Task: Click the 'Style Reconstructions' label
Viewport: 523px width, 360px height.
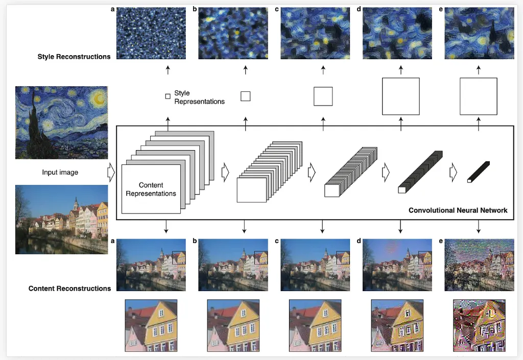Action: pyautogui.click(x=74, y=57)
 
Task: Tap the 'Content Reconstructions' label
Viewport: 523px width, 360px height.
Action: pyautogui.click(x=69, y=289)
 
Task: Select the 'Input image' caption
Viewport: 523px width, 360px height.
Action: pyautogui.click(x=60, y=173)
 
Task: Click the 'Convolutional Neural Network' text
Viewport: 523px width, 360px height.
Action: pyautogui.click(x=458, y=210)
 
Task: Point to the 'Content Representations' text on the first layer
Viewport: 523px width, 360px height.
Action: pyautogui.click(x=151, y=189)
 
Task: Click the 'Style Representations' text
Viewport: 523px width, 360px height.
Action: pyautogui.click(x=199, y=97)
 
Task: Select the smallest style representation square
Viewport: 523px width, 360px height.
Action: pyautogui.click(x=168, y=96)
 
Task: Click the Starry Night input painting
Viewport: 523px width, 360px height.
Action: pyautogui.click(x=61, y=123)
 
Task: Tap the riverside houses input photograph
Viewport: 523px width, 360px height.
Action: pyautogui.click(x=61, y=219)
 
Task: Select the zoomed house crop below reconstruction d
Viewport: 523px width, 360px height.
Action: pyautogui.click(x=397, y=325)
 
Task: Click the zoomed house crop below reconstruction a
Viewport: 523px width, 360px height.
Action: pyautogui.click(x=151, y=325)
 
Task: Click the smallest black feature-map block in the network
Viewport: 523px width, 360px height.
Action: pyautogui.click(x=479, y=172)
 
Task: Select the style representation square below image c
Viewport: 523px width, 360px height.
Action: pyautogui.click(x=323, y=96)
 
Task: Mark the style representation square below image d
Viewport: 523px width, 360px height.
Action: pyautogui.click(x=400, y=96)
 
